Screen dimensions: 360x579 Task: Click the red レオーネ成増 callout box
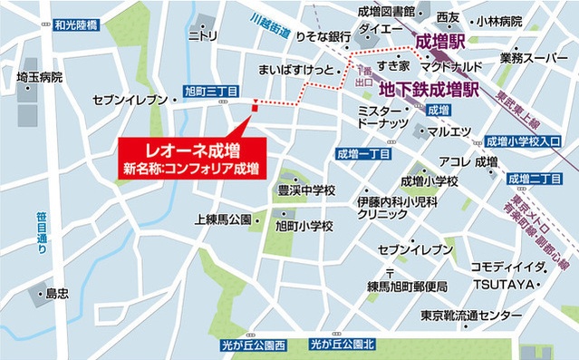pos(192,158)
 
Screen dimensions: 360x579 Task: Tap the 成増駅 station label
pos(440,42)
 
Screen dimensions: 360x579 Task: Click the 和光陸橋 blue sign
pos(76,24)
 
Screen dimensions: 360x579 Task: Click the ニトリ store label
pos(202,35)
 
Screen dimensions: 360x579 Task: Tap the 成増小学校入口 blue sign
pos(524,141)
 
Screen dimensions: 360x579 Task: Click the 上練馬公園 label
pos(224,219)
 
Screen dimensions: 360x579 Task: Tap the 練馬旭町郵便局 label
pos(413,287)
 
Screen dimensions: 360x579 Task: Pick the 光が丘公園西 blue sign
pos(253,345)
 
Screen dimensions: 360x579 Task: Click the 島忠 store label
pos(57,294)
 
